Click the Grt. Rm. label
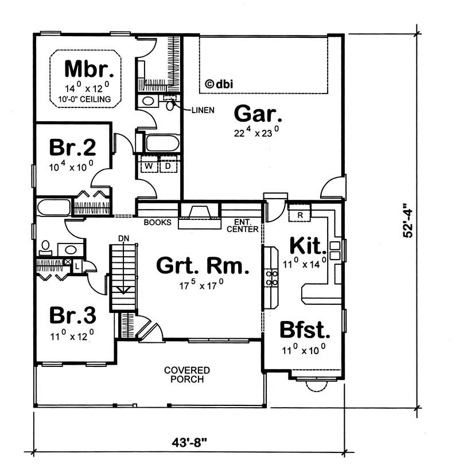coord(203,266)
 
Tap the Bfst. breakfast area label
coord(305,331)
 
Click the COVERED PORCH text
coord(186,374)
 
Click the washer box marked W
coord(148,167)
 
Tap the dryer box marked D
coord(169,167)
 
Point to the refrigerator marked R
coord(300,214)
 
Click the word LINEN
coord(202,110)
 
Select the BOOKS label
coord(157,222)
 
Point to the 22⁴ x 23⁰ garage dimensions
coord(256,131)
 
